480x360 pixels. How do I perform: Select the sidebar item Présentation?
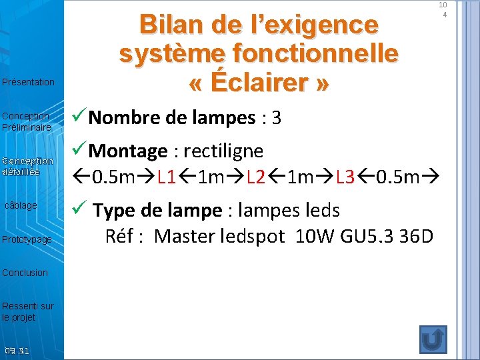pyautogui.click(x=28, y=82)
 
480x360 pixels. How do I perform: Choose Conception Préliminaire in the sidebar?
pyautogui.click(x=26, y=121)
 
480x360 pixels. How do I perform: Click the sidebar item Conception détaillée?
pyautogui.click(x=27, y=166)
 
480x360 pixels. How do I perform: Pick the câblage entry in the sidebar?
pyautogui.click(x=21, y=205)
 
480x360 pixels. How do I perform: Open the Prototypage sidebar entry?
pyautogui.click(x=27, y=239)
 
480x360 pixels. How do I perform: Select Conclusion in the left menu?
pyautogui.click(x=25, y=272)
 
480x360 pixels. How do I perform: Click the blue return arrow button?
pyautogui.click(x=433, y=339)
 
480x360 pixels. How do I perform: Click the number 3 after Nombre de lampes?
pyautogui.click(x=277, y=119)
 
